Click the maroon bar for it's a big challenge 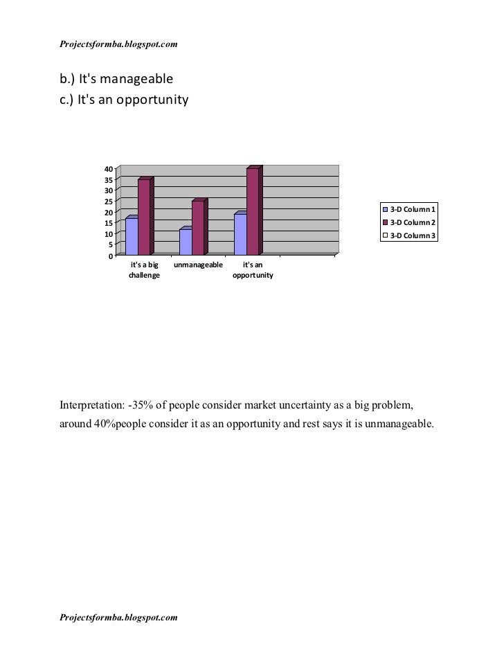coord(144,217)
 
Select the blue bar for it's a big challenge coord(132,237)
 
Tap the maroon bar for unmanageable coord(198,228)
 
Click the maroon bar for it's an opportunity coord(252,212)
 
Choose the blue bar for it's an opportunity coord(240,235)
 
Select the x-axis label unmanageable coord(198,265)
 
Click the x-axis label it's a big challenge coord(144,270)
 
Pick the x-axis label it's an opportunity coord(253,270)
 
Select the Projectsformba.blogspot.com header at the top coord(118,45)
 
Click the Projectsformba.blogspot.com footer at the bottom coord(118,616)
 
